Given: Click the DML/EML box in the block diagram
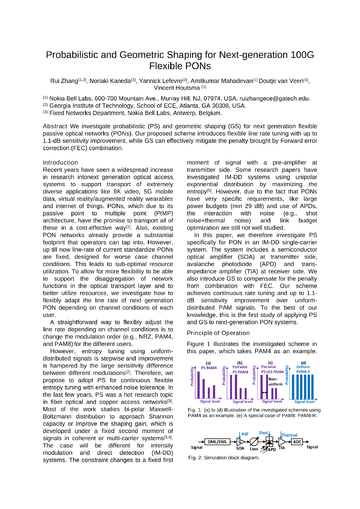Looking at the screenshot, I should tap(217, 442).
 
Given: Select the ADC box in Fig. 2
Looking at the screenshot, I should tap(297, 442).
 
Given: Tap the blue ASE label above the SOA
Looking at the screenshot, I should tap(245, 434).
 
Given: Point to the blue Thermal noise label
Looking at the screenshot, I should tap(289, 435).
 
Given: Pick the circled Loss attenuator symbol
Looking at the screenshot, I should tap(254, 442).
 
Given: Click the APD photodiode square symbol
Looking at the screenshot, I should tap(269, 442).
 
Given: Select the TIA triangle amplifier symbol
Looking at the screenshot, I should tap(282, 442).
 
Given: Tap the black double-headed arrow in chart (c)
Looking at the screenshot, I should tap(264, 392).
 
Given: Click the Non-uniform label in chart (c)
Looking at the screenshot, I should tap(275, 382).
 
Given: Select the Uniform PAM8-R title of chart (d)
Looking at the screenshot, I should tap(303, 369).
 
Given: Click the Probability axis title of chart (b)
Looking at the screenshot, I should tap(224, 376).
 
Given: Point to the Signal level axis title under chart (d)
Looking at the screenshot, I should tap(304, 402).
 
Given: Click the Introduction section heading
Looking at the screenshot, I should tap(60, 163).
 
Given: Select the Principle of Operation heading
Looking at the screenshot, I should tap(218, 333).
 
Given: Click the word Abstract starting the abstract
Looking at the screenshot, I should tap(55, 126).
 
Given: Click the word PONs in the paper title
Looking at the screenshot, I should tap(195, 66).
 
